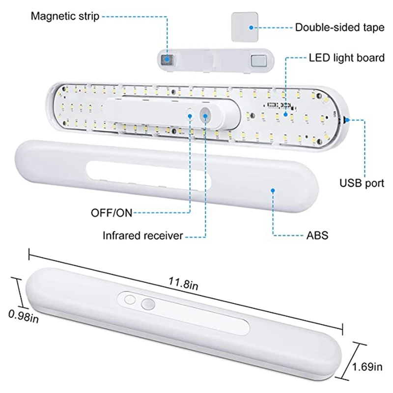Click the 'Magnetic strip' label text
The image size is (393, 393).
(65, 17)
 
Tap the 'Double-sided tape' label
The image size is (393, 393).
(339, 28)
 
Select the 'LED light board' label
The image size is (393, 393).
(346, 58)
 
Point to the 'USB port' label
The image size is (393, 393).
(362, 184)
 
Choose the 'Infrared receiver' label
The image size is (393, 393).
(142, 236)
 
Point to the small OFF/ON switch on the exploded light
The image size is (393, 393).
(191, 114)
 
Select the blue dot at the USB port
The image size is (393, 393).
(348, 119)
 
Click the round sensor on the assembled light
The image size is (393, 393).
(147, 305)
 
